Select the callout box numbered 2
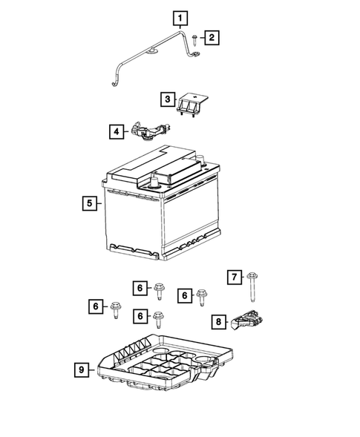click(x=212, y=37)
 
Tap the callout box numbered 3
click(x=168, y=99)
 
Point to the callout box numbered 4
click(x=117, y=133)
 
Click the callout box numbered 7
click(x=235, y=277)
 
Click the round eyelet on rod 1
click(x=151, y=51)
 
